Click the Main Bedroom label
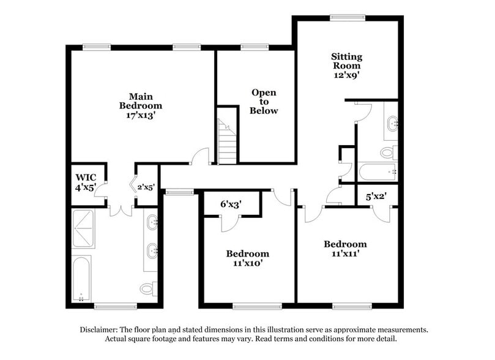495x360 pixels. (x=141, y=105)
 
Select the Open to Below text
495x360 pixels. (x=264, y=102)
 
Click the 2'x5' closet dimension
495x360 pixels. (x=146, y=187)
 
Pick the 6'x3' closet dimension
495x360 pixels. (x=231, y=204)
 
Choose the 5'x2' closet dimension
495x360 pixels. (x=374, y=197)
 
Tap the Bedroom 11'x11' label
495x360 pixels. (x=345, y=249)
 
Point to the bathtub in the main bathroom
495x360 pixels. (x=81, y=279)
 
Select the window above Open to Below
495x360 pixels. (x=255, y=47)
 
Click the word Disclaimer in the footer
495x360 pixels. (x=99, y=329)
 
